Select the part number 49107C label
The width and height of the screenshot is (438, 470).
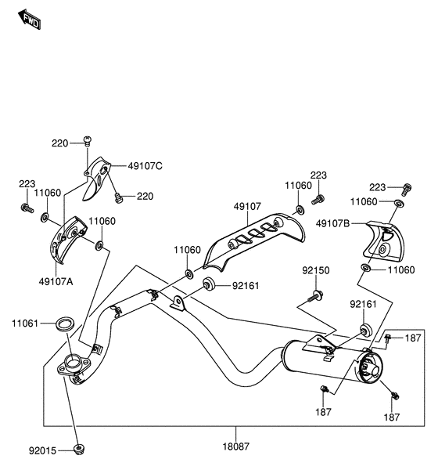[145, 166]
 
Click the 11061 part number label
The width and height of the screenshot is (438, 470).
[26, 323]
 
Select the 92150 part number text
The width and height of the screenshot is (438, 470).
[316, 270]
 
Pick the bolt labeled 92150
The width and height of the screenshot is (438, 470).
[315, 296]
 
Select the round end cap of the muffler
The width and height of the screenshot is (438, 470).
[368, 368]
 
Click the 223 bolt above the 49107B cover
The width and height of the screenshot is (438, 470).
[406, 189]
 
